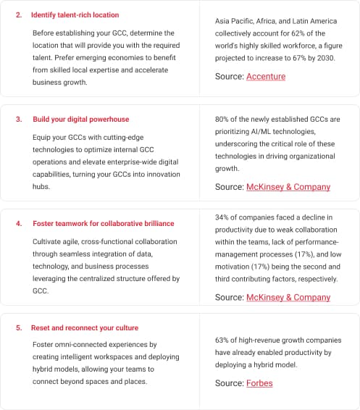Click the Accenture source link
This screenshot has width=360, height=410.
(266, 77)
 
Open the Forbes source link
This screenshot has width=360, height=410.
(259, 383)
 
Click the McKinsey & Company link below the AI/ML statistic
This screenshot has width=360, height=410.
(288, 187)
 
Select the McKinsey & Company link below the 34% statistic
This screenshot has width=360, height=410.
(288, 297)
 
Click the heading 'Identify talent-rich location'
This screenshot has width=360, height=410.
(75, 14)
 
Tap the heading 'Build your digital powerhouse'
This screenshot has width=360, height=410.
(81, 119)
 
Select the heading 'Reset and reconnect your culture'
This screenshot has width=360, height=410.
(85, 328)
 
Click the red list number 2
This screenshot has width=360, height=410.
(18, 14)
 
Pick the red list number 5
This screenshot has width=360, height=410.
(18, 328)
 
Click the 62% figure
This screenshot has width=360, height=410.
(294, 33)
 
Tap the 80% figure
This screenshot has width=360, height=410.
(222, 119)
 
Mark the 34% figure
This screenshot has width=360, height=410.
(222, 217)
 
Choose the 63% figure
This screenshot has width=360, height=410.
(222, 340)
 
